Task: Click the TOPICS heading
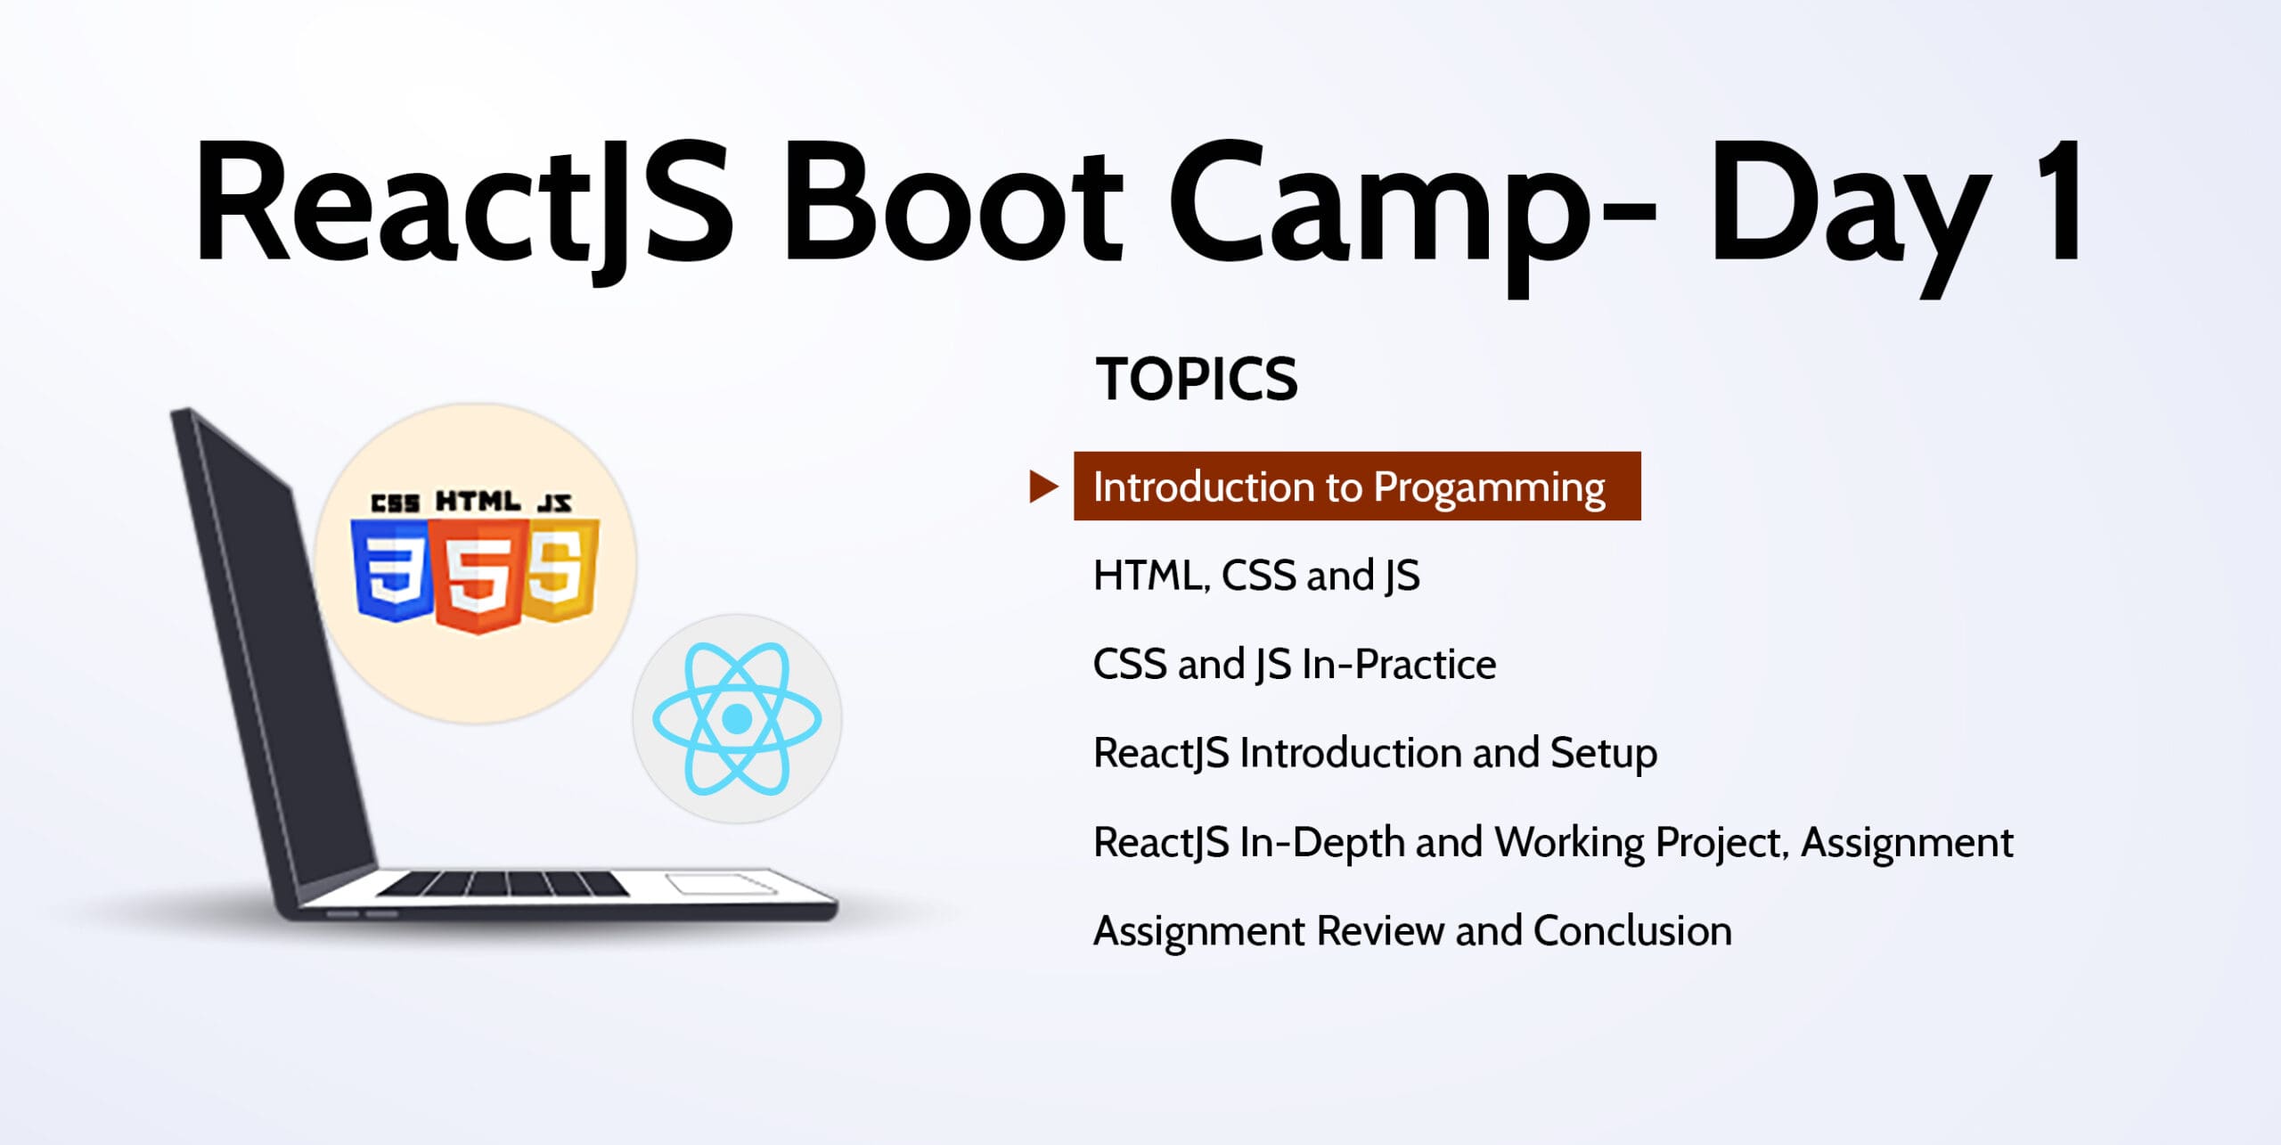click(1197, 380)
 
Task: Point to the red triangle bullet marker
click(1043, 487)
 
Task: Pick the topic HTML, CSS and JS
click(1256, 576)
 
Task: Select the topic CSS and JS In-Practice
click(1295, 665)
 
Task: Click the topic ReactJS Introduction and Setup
click(1375, 754)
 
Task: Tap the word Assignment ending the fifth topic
click(1907, 843)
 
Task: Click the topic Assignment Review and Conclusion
click(1412, 931)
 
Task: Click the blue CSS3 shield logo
click(392, 570)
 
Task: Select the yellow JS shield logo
click(560, 570)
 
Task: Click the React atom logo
click(737, 718)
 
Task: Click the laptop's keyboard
click(503, 884)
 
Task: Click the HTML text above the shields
click(478, 502)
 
